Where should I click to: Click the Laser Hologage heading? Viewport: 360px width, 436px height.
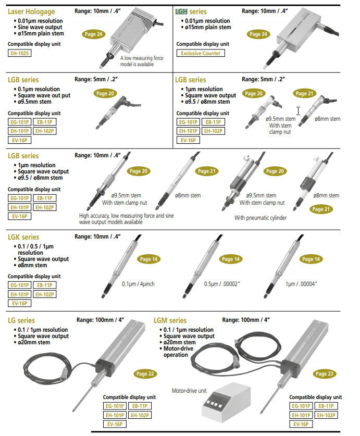click(31, 11)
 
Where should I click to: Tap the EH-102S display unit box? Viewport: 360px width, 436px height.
click(20, 53)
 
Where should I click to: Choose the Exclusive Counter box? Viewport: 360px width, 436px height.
click(201, 53)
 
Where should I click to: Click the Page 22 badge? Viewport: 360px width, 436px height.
click(145, 373)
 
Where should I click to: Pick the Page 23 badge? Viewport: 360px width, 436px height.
click(325, 373)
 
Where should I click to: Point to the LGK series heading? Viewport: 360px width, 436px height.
click(23, 237)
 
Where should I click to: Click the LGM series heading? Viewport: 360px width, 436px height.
click(170, 320)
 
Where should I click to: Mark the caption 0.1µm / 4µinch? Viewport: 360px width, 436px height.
click(138, 284)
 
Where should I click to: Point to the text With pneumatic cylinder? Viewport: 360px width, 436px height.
click(260, 218)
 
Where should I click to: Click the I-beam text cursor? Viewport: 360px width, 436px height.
click(299, 111)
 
